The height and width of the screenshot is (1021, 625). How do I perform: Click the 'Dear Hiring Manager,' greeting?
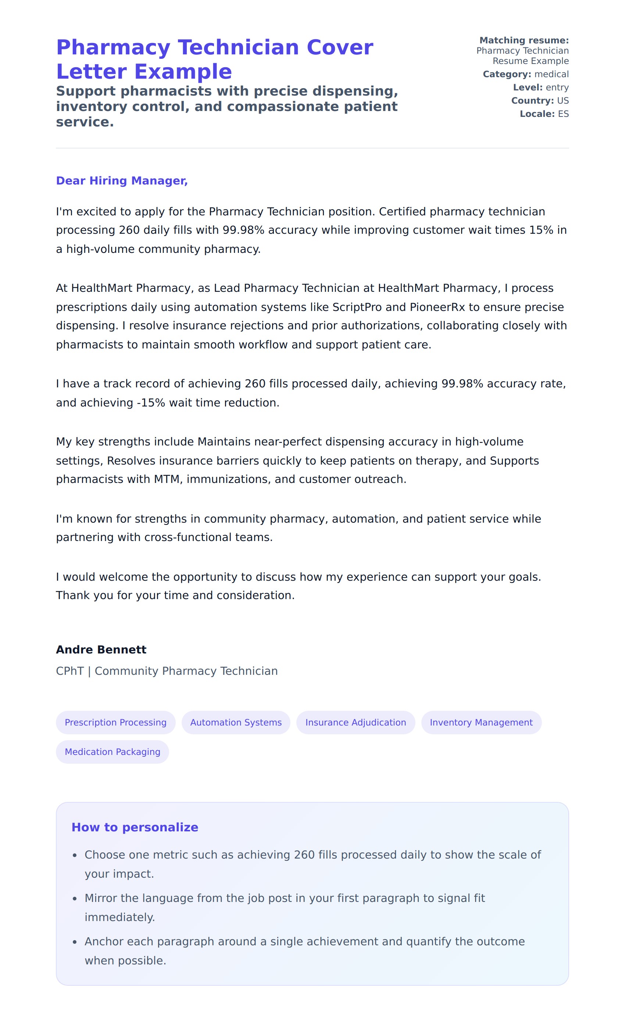[122, 181]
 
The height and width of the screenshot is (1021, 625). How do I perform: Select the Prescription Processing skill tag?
[116, 722]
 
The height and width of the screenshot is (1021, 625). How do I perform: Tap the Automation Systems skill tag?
[236, 722]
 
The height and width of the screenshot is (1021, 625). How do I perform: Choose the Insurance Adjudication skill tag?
[356, 722]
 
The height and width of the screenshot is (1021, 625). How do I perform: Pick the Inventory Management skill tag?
[481, 722]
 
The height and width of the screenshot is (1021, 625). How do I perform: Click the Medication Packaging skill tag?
[113, 752]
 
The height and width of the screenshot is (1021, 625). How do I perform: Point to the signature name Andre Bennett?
[101, 649]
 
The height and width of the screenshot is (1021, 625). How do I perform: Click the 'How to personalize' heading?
[135, 827]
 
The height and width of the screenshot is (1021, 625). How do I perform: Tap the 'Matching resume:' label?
[524, 40]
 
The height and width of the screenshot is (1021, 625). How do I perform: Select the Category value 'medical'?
[551, 74]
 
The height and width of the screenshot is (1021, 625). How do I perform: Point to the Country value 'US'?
[563, 101]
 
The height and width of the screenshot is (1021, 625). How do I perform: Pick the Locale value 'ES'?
[563, 114]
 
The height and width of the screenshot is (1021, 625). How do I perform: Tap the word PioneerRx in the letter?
[437, 307]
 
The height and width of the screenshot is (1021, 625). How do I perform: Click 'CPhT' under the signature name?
[69, 671]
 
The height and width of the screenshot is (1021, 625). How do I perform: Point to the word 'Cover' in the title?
[339, 47]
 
